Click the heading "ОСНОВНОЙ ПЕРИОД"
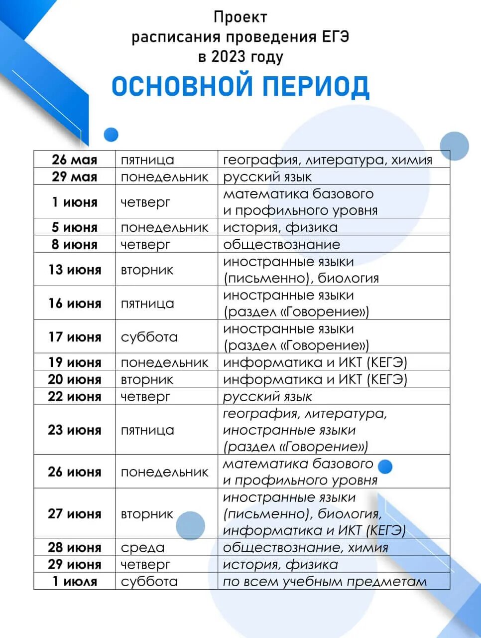click(x=240, y=86)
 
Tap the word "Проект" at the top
click(x=240, y=17)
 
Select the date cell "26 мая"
click(x=74, y=160)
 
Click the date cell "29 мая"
click(x=74, y=177)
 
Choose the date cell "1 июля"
click(x=75, y=582)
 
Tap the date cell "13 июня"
click(x=74, y=270)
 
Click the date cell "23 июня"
click(x=74, y=430)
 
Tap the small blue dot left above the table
click(x=111, y=135)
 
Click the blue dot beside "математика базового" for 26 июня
click(x=385, y=467)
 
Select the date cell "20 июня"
click(x=74, y=380)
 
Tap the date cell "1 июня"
click(x=74, y=202)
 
